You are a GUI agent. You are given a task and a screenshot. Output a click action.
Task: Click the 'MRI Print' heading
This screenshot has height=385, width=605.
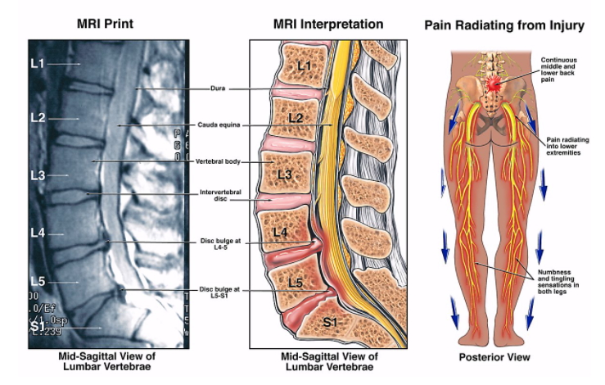(x=104, y=25)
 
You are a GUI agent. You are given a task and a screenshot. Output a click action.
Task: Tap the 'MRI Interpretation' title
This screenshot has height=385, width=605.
(x=327, y=25)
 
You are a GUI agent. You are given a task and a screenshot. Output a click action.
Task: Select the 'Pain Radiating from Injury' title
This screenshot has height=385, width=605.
(x=503, y=25)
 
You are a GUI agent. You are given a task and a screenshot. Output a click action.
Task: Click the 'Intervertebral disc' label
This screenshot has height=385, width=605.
(x=218, y=197)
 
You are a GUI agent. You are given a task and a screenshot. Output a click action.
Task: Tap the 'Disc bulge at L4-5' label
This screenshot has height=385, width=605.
(x=219, y=244)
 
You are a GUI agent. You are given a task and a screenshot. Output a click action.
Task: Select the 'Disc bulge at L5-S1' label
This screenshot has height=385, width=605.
(x=219, y=292)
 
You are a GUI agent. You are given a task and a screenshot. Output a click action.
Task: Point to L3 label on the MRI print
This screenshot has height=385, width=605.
(x=37, y=174)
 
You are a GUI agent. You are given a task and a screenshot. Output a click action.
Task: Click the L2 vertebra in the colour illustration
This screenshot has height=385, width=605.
(x=296, y=119)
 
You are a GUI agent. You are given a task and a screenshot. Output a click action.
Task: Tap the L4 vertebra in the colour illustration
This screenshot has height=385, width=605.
(x=280, y=233)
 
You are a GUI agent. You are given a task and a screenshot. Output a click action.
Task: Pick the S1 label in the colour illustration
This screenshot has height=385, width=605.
(x=330, y=323)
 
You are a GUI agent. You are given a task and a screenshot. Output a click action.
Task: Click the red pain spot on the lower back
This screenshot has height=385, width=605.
(x=494, y=83)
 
